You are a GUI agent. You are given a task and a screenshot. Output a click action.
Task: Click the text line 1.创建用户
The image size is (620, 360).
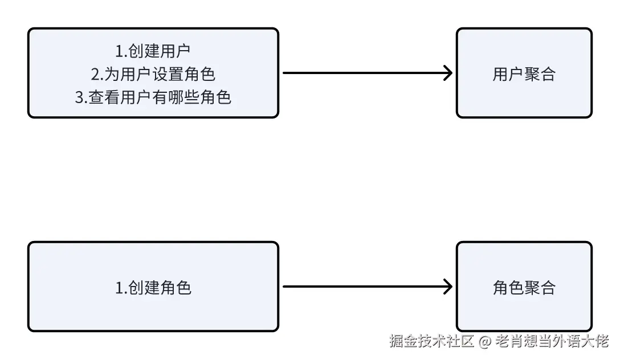click(x=153, y=51)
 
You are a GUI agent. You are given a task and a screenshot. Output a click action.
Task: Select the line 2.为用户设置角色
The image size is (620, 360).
click(x=153, y=74)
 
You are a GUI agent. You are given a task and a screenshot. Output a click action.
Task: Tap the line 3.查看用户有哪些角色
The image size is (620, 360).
click(x=153, y=97)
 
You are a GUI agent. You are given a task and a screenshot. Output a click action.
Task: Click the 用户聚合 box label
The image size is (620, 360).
click(x=524, y=74)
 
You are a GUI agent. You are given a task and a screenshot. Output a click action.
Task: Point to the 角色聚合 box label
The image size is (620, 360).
click(x=524, y=288)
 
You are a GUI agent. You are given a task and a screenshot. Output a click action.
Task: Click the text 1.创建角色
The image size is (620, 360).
click(x=153, y=288)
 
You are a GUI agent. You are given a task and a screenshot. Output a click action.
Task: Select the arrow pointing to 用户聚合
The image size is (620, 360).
click(x=365, y=73)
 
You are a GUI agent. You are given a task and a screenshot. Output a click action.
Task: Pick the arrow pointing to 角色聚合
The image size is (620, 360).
click(x=365, y=287)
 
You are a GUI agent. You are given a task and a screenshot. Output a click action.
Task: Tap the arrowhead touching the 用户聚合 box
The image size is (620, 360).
click(x=448, y=73)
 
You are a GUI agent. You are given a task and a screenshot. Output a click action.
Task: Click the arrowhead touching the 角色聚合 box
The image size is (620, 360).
click(x=448, y=287)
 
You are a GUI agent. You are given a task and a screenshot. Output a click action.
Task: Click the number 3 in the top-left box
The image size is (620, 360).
click(x=79, y=97)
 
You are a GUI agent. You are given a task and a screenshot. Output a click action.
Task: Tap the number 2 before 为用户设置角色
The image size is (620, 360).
click(x=95, y=74)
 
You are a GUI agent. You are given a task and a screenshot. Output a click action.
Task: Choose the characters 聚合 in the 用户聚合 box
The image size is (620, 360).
click(x=539, y=74)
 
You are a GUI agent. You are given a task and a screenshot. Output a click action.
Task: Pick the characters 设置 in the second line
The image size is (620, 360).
click(x=169, y=74)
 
